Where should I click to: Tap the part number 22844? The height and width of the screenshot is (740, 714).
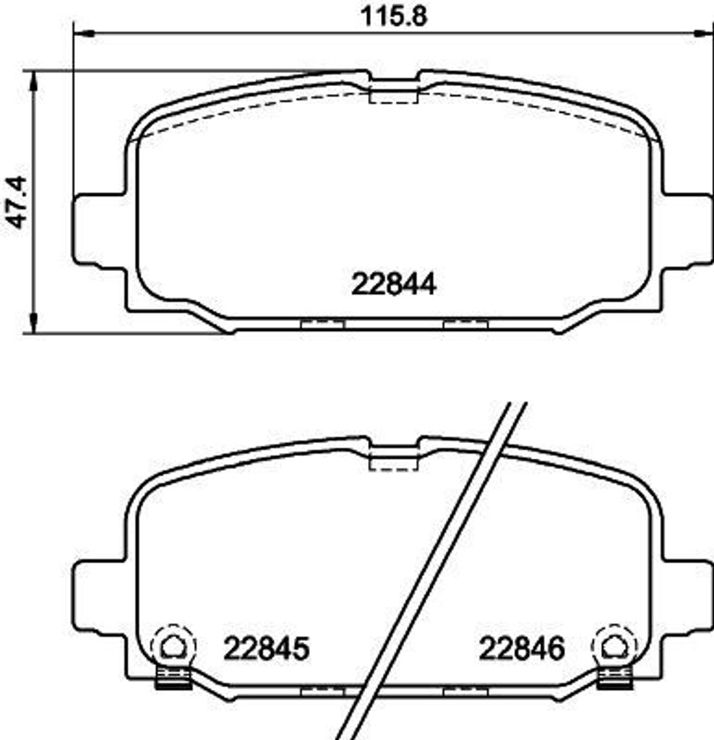394,284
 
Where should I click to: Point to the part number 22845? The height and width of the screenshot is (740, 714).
266,648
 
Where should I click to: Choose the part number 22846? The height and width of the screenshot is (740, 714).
521,648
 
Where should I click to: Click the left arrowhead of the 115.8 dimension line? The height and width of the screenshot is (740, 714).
83,33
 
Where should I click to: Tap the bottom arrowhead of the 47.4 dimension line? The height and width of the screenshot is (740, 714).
32,325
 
